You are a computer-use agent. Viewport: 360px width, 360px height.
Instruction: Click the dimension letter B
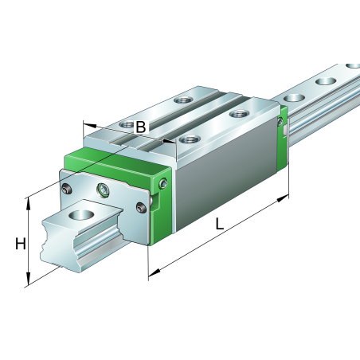[x=140, y=127]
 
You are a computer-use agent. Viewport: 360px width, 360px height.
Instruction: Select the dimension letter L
[x=218, y=225]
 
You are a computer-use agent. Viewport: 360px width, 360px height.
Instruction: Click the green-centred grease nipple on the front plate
[x=102, y=190]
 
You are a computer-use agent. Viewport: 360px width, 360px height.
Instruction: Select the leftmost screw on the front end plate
[x=66, y=189]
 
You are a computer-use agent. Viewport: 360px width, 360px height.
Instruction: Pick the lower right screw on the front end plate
[x=141, y=209]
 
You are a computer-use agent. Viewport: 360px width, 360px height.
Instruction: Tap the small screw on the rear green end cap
[x=280, y=121]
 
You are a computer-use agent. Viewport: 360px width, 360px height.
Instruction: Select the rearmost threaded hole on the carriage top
[x=184, y=100]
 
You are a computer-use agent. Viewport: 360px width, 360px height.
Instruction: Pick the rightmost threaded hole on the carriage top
[x=236, y=115]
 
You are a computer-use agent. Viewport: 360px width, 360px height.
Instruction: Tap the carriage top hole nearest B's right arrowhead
[x=188, y=140]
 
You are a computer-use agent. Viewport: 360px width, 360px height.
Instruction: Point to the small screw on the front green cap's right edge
[x=163, y=184]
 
